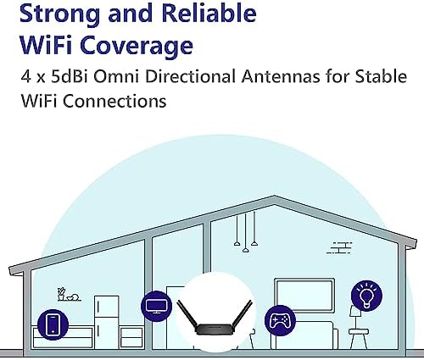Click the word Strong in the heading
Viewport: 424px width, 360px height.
[x=59, y=14]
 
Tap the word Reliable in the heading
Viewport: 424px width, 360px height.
[x=209, y=13]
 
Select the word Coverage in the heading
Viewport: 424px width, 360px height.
[x=137, y=45]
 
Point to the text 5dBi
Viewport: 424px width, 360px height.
[x=70, y=76]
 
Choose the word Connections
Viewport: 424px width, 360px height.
[x=114, y=101]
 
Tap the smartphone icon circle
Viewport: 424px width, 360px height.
[x=53, y=324]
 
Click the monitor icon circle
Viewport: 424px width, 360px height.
[x=156, y=306]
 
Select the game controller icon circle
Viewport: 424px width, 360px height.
[x=280, y=321]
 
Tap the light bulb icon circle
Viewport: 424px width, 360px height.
[x=366, y=296]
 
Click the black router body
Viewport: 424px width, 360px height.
[x=215, y=330]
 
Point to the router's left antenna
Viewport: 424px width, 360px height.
[x=187, y=316]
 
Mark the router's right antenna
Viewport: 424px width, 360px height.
[x=242, y=316]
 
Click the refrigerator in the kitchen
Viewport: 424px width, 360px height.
[x=106, y=322]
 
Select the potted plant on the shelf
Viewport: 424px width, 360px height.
[x=61, y=294]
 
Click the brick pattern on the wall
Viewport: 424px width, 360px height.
[x=339, y=247]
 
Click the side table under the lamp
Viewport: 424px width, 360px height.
[x=358, y=339]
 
